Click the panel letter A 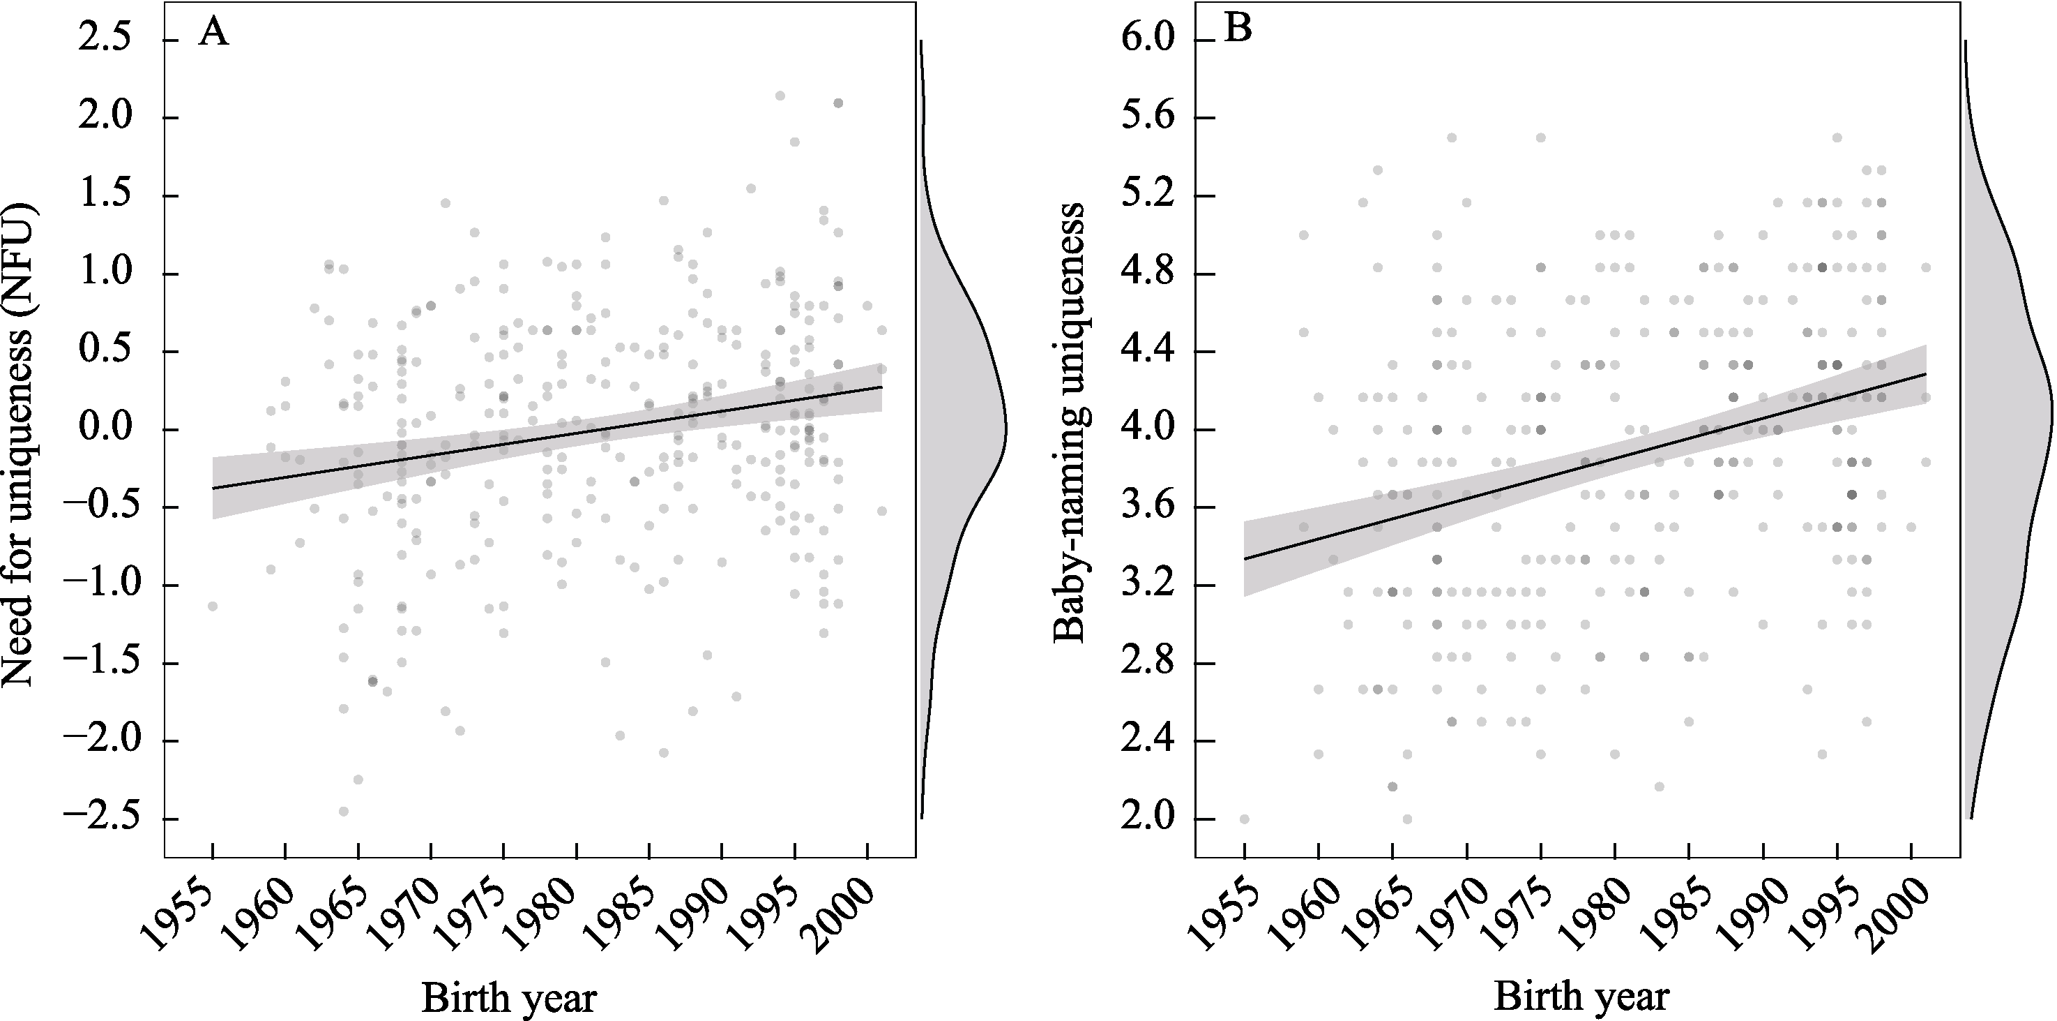coord(213,34)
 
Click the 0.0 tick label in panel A coord(104,430)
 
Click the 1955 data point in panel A coord(213,606)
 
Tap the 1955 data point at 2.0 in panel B coord(1244,819)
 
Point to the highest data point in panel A coord(780,96)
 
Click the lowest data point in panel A coord(343,811)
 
